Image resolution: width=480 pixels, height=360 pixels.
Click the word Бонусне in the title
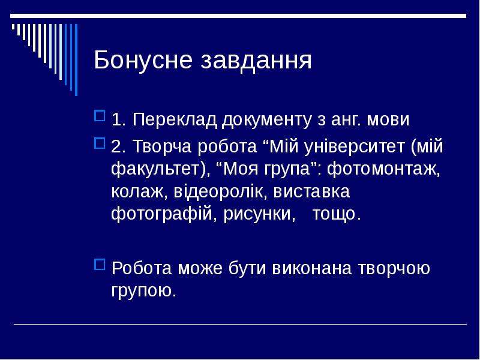(x=143, y=60)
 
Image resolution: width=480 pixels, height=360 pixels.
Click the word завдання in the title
(x=256, y=61)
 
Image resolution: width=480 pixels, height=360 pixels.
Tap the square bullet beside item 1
(x=100, y=116)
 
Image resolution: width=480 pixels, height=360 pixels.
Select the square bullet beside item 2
(x=100, y=143)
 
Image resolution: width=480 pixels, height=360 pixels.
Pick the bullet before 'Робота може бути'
(x=100, y=265)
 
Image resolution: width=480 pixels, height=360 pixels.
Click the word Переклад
(x=175, y=119)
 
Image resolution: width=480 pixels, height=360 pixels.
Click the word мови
(x=388, y=120)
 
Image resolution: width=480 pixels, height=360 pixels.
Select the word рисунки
(x=257, y=214)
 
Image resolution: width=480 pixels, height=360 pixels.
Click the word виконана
(x=311, y=268)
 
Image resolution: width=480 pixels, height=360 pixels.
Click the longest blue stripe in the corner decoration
(x=76, y=60)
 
